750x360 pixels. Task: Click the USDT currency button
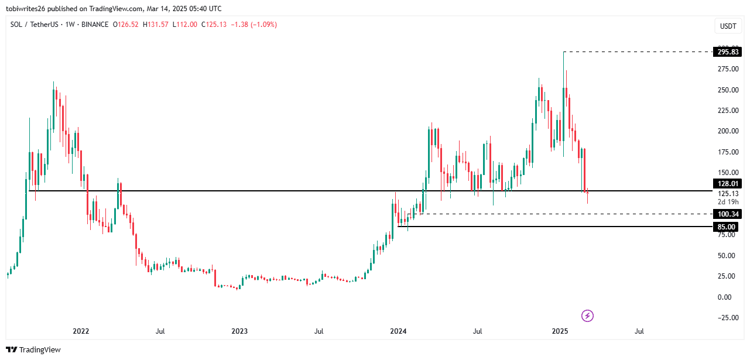pos(728,26)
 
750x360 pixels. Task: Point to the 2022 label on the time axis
pos(81,331)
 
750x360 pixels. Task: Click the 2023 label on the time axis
pos(239,331)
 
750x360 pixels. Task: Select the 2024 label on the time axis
pos(398,331)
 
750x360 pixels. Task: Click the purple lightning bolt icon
pos(587,316)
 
